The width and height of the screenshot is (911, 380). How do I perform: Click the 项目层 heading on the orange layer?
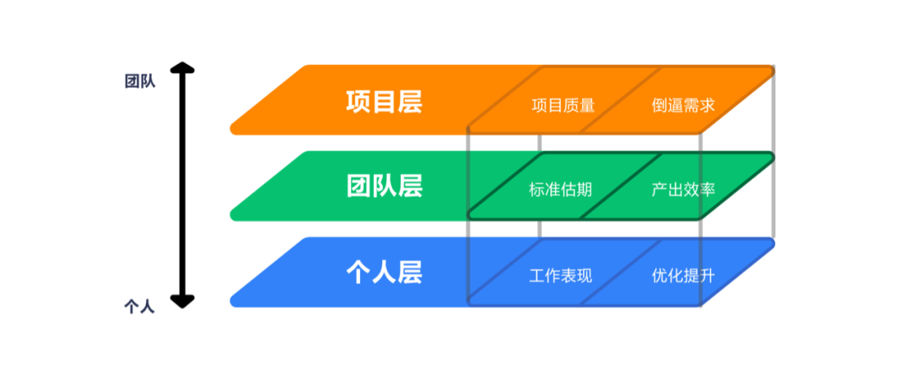(384, 102)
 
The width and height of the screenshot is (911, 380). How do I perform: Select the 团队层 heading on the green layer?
(384, 186)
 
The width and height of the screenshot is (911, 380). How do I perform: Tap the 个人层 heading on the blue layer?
(384, 272)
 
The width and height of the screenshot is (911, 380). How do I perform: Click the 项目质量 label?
(563, 106)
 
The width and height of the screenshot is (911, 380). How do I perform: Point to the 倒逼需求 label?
(683, 106)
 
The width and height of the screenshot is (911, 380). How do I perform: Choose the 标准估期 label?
(560, 189)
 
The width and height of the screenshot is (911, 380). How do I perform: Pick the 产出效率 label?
(683, 189)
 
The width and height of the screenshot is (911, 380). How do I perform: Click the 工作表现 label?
(560, 275)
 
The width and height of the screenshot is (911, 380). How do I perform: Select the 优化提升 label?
(683, 275)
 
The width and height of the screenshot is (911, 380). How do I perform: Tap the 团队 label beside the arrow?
(140, 82)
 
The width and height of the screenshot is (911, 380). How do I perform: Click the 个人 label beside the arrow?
(140, 306)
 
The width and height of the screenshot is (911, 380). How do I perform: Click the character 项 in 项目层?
(358, 102)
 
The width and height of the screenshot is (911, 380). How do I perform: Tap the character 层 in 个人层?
(409, 272)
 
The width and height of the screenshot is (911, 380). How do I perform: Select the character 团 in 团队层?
(358, 186)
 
